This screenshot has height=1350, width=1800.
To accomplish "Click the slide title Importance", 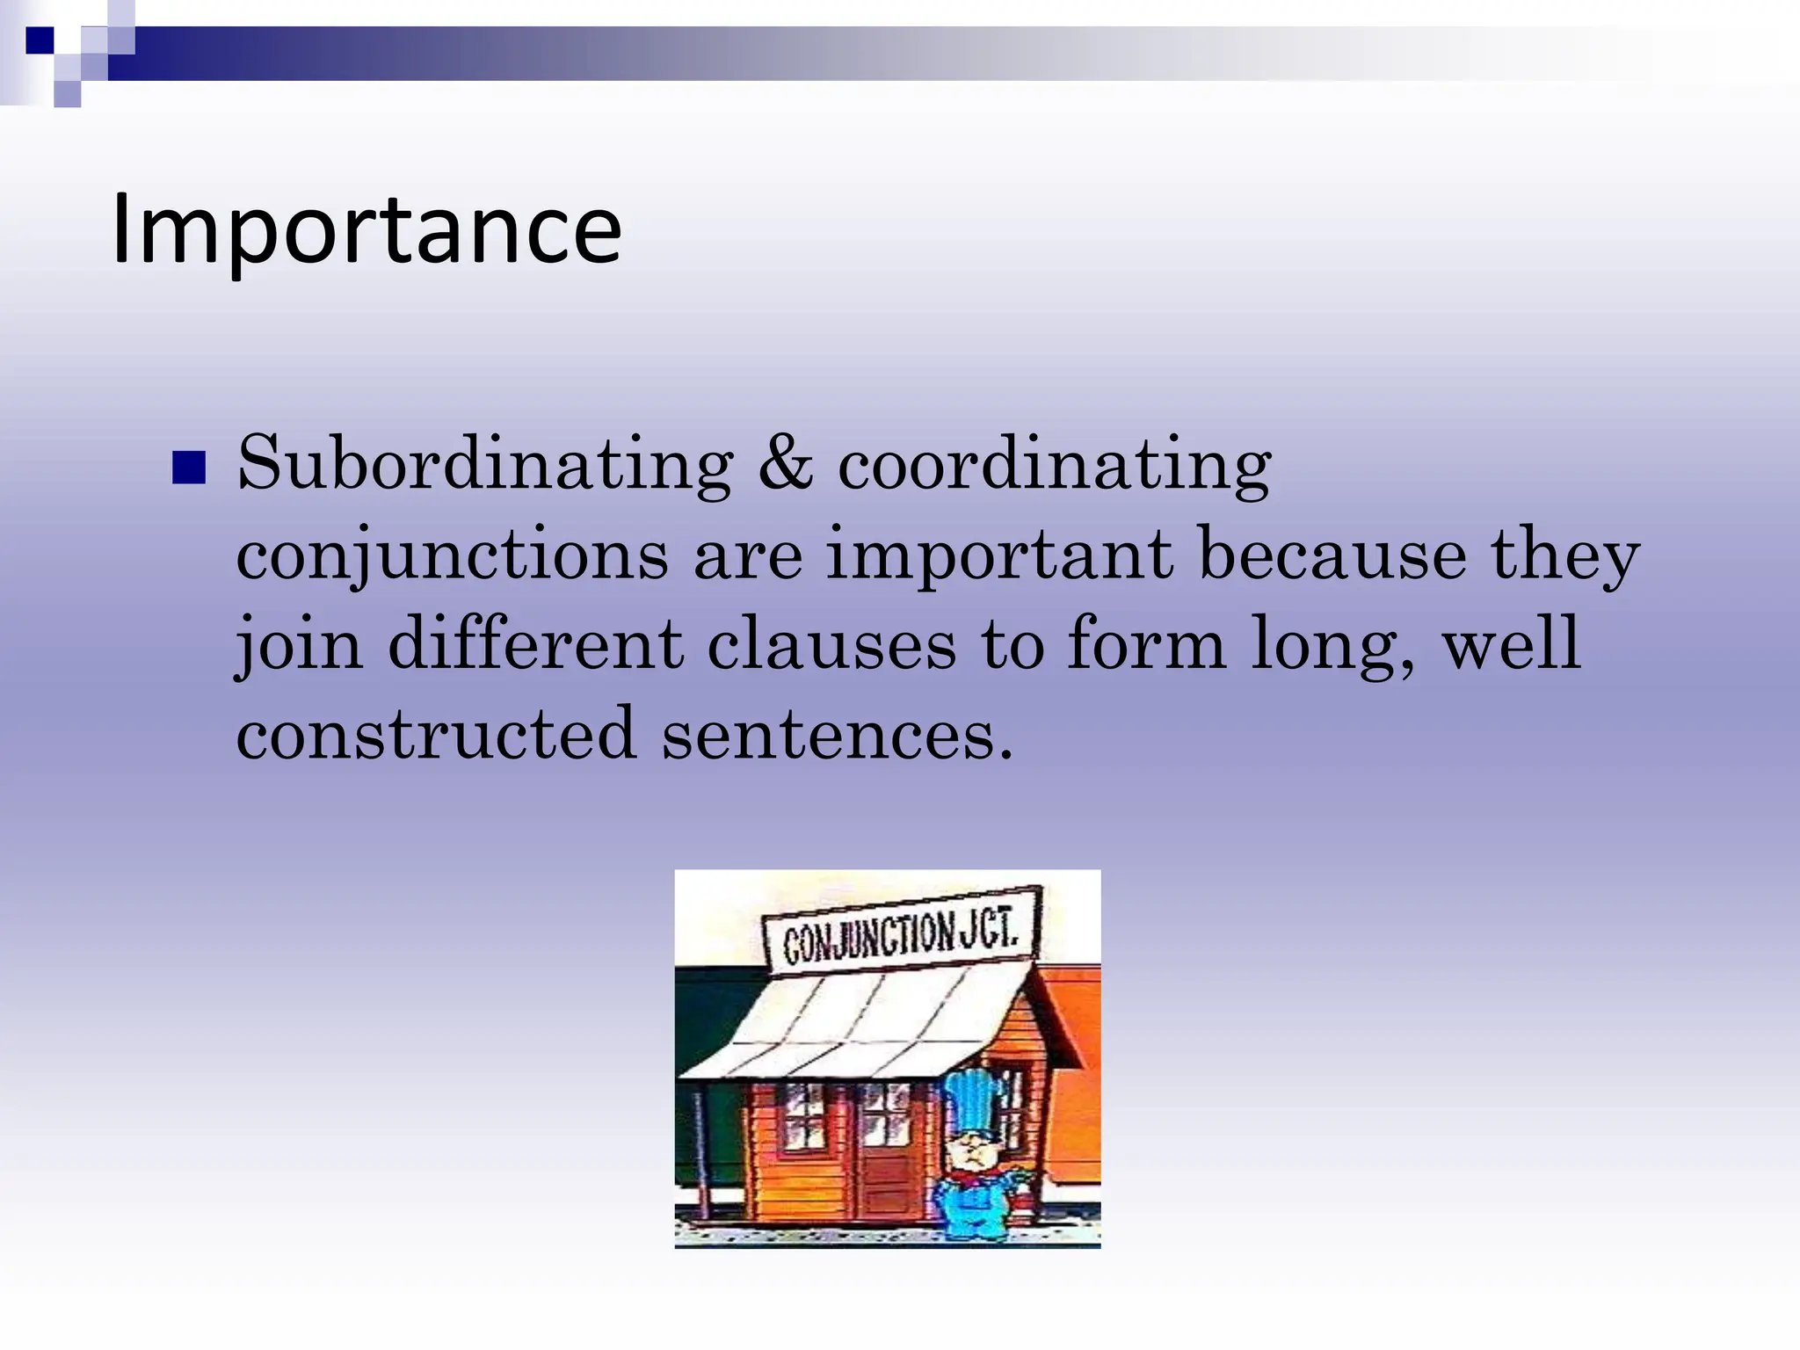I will (x=367, y=229).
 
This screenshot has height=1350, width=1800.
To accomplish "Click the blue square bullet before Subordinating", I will (x=189, y=468).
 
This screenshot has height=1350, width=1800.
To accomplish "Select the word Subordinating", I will (x=485, y=464).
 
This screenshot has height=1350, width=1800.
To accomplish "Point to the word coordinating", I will (x=1054, y=464).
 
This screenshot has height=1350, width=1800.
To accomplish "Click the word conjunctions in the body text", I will (x=453, y=556).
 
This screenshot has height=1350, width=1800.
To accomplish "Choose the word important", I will (x=1000, y=556).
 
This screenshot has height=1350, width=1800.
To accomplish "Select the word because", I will (x=1332, y=555).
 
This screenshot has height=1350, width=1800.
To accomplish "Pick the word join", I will (x=300, y=645).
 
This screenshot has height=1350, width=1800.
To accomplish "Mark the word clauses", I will (x=831, y=644).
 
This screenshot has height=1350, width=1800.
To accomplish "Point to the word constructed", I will (x=436, y=733).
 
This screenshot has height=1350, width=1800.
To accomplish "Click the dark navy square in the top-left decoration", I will (x=40, y=40).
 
